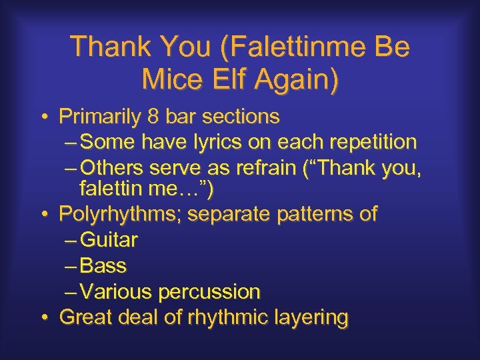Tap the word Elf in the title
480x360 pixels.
click(x=225, y=80)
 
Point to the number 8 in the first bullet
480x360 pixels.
click(x=153, y=117)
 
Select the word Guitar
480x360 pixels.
click(x=108, y=240)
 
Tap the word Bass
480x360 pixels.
click(x=103, y=266)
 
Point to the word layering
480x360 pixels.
click(x=311, y=317)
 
